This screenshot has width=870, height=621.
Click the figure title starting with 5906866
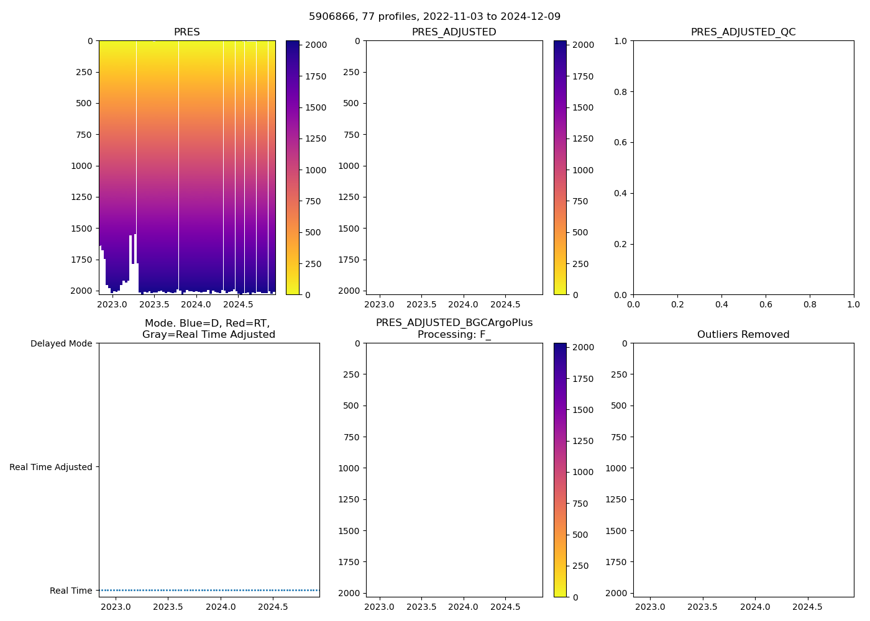434,17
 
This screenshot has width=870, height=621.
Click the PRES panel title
186,32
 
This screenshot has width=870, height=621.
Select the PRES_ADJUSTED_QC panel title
743,32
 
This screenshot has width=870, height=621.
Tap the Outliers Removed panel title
743,335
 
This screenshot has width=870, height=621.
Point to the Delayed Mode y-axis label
61,343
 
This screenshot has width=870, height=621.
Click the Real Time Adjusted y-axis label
51,467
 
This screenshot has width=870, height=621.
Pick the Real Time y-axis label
71,591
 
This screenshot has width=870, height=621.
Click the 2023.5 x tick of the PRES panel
154,305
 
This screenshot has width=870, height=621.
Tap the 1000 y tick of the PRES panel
81,166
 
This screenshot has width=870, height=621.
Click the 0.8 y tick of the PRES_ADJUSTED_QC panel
620,92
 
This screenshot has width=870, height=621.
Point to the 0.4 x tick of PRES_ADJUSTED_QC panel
721,305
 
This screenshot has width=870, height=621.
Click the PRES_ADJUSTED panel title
454,32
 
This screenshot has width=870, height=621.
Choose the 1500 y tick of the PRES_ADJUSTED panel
349,229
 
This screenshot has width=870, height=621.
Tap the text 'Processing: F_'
454,335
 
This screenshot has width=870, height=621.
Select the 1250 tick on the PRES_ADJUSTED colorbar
583,139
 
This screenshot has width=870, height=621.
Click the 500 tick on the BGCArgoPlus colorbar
580,535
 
